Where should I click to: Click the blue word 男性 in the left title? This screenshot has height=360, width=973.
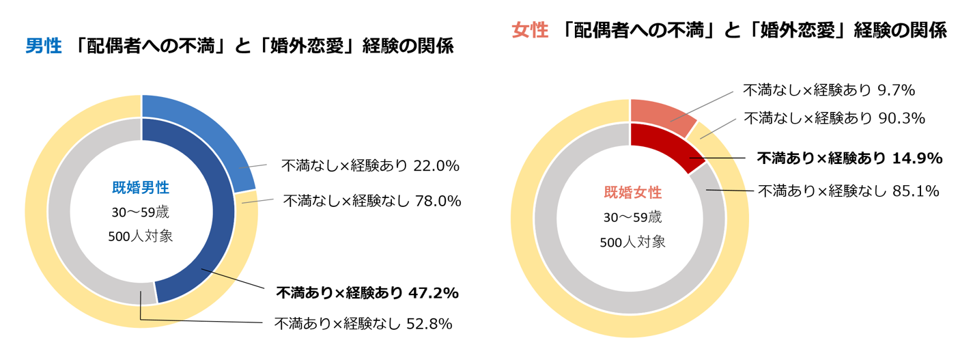44,47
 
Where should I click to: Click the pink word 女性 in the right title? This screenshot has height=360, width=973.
530,31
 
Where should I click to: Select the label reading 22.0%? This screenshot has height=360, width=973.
369,165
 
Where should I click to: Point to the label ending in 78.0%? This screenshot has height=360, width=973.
371,201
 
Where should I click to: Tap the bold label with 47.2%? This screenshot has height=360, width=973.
367,293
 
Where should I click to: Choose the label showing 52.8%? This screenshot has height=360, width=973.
363,324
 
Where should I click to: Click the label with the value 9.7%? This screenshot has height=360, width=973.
828,90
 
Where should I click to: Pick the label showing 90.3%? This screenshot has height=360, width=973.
834,118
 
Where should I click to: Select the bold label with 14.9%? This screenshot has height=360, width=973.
849,158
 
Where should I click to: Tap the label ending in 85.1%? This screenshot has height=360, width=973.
848,191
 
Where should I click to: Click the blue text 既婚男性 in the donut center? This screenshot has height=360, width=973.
141,187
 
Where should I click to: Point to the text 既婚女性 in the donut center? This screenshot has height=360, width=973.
632,193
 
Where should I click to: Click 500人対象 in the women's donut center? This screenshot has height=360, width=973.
632,242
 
